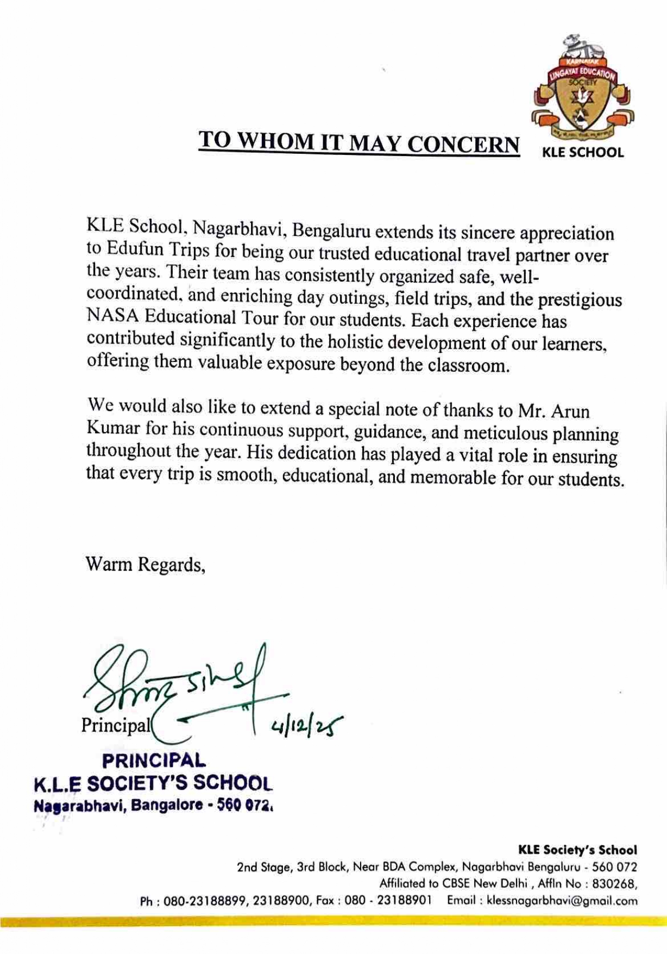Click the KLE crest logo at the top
(x=583, y=90)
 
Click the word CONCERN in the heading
(x=463, y=144)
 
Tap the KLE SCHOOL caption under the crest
(x=583, y=153)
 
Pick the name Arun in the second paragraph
(x=570, y=411)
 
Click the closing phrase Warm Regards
(x=145, y=565)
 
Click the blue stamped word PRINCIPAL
(x=154, y=760)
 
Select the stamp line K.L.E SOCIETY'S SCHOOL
(x=153, y=783)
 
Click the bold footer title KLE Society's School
(x=577, y=850)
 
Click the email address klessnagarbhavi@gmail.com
(x=562, y=901)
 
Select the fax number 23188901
(x=404, y=900)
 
